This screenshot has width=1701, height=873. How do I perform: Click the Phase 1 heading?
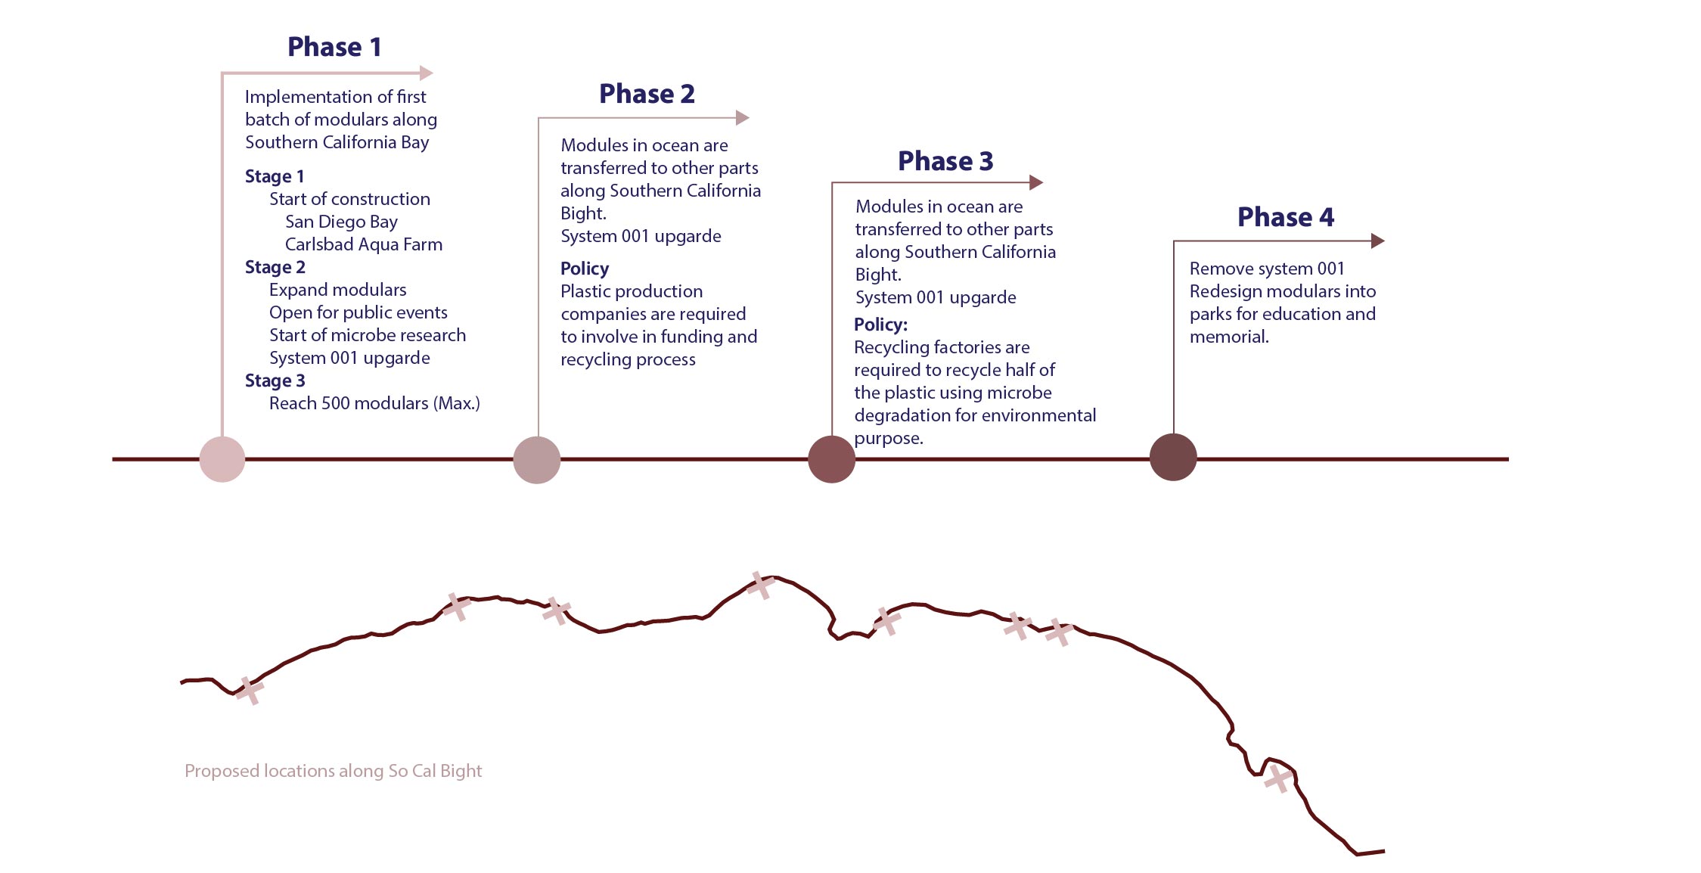coord(334,47)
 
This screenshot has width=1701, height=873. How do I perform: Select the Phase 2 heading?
coord(647,94)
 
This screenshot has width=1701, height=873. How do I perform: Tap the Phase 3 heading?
coord(945,161)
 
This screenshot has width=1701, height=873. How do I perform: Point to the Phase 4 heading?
coord(1286,217)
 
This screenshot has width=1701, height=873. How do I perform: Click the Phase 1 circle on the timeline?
coord(222,459)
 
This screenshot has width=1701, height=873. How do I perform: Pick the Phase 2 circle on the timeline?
coord(537,460)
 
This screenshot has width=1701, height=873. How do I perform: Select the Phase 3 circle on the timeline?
coord(832,459)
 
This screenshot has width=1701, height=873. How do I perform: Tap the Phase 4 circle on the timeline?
coord(1173,457)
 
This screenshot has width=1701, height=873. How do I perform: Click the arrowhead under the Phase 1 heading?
coord(427,73)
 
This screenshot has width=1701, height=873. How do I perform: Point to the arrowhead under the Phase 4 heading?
coord(1378,241)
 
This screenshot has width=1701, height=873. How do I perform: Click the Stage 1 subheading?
coord(275,176)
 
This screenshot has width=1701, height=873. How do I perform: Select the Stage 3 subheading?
coord(275,381)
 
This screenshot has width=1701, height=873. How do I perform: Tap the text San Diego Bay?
coord(341,222)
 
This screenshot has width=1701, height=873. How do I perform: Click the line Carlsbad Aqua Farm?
coord(364,244)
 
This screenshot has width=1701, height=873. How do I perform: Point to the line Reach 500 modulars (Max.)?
coord(374,403)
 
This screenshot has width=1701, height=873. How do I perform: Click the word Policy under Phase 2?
coord(585,269)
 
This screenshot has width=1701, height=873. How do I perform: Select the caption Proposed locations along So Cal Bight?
coord(334,771)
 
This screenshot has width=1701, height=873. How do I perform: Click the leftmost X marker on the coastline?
coord(249,691)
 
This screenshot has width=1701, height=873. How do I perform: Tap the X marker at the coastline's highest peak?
coord(760,586)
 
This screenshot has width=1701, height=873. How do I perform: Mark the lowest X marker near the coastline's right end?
coord(1278,778)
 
